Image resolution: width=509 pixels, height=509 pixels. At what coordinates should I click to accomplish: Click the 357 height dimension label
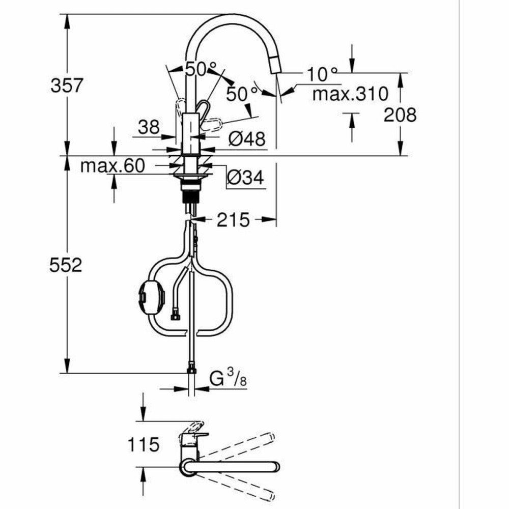point(66,85)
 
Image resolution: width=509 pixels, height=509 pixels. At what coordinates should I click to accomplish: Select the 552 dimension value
point(66,265)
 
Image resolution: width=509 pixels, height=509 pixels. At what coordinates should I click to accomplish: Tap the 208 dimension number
point(400,115)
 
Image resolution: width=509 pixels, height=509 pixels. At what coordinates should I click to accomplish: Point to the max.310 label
point(350,94)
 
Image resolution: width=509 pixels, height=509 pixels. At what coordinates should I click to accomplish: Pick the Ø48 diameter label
point(246,138)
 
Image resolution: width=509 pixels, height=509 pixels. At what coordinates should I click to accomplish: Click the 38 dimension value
point(149,127)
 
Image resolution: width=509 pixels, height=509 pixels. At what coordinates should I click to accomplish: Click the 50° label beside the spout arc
point(242,93)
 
